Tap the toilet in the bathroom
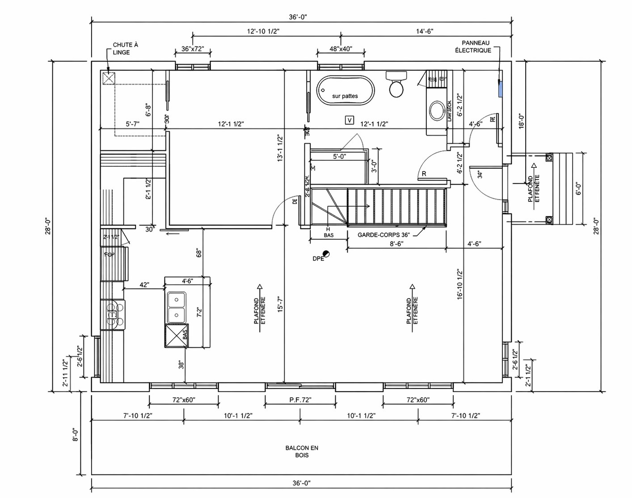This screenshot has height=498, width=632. click(396, 84)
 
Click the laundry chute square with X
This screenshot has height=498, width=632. click(109, 78)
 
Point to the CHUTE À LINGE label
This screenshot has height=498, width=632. click(125, 48)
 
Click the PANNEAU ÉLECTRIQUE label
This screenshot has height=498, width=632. click(476, 46)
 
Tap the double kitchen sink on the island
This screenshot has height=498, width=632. click(177, 307)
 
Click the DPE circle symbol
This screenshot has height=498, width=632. click(327, 254)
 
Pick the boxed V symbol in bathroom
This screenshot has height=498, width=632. click(350, 120)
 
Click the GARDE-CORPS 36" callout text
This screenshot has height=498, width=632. click(383, 234)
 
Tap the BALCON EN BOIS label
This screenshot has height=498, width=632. click(302, 451)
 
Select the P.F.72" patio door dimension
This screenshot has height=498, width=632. click(300, 400)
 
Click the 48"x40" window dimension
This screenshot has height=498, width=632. click(341, 49)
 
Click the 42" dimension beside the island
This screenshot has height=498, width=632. click(144, 284)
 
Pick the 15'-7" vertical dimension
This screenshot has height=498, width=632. click(280, 308)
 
